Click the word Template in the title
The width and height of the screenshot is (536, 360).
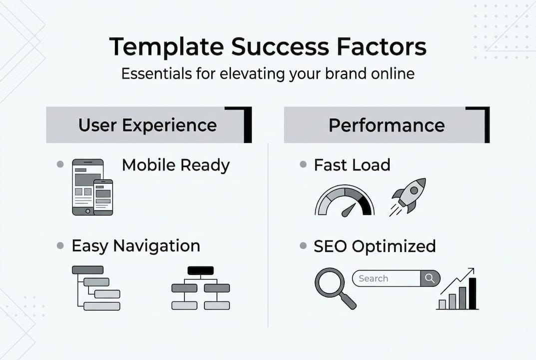coord(165,47)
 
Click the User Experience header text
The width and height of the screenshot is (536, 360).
coord(147,125)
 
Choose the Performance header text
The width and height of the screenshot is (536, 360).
coord(386,125)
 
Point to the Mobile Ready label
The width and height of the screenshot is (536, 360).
coord(176,165)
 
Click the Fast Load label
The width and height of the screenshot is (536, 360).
coord(352,165)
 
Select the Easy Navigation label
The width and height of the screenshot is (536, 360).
coord(135,245)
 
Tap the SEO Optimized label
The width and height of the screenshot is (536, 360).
coord(374,246)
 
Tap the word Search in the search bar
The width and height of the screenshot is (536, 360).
coord(373,278)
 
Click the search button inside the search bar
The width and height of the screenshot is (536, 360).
coord(430,278)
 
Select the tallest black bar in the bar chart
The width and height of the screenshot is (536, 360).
coord(472,293)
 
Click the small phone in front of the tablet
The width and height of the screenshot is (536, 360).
coord(103,197)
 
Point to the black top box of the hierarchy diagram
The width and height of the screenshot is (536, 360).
coord(200,270)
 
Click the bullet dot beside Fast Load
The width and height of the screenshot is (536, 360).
coord(303,164)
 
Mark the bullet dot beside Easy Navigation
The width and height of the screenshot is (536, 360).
coord(60,245)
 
